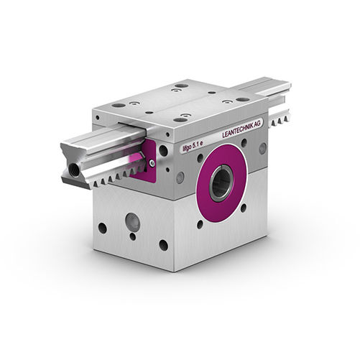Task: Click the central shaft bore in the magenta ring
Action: tap(221, 183)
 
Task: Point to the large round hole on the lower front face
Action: tap(132, 220)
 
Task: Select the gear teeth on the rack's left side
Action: tap(114, 177)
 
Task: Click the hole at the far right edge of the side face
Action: tap(262, 147)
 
